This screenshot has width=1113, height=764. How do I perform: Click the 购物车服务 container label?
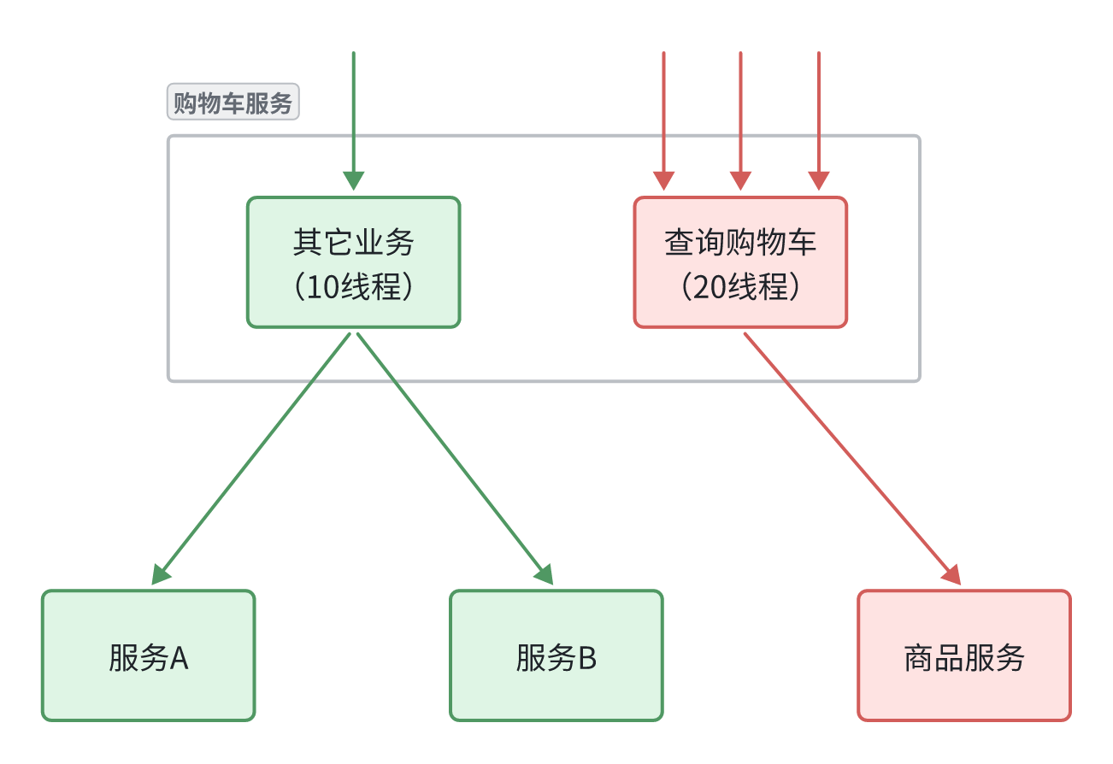point(233,103)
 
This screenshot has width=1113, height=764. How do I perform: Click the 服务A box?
point(148,684)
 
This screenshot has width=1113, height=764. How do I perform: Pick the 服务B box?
point(556,684)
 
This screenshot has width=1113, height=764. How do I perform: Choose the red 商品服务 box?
point(963,684)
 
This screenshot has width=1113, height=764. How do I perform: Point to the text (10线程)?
point(353,287)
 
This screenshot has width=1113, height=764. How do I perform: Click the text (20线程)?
point(740,287)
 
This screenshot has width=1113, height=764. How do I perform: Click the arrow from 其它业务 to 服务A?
point(256,452)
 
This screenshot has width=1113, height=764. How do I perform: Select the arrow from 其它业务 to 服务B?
point(451,452)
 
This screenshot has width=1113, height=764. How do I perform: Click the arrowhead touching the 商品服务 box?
point(953,575)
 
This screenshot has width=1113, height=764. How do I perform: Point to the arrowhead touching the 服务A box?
point(161,575)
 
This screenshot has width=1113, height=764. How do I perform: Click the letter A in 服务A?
point(179,659)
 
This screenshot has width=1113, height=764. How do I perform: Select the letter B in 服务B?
point(586,659)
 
